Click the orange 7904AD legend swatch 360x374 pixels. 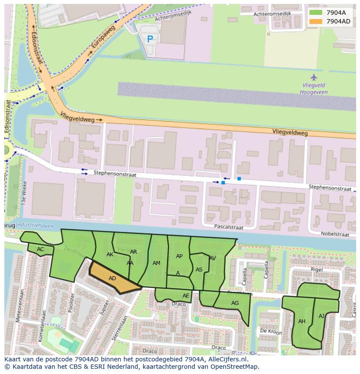coord(316,21)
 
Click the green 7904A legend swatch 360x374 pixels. coord(316,13)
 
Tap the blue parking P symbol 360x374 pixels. coord(150,39)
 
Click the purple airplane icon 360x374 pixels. coord(314,78)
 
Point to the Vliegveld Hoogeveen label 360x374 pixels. coord(314,89)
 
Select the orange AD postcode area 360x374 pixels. coord(112,278)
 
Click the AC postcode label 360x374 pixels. coord(40,249)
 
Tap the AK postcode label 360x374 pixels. coord(110,255)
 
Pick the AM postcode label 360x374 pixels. coord(157,263)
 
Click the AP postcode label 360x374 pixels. coord(179,256)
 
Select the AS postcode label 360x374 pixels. coord(199,270)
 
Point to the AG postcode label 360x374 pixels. coord(235,303)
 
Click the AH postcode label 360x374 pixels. coord(302,321)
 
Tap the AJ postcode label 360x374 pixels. coord(322,316)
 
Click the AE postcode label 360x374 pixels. coord(186,296)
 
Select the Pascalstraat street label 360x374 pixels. coord(228,227)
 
